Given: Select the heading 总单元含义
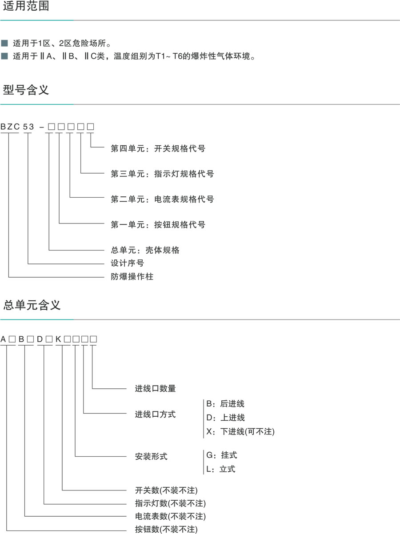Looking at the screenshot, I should [x=32, y=305].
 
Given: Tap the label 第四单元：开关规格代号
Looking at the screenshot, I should [x=158, y=148].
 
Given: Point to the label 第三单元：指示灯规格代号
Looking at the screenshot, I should [x=162, y=174].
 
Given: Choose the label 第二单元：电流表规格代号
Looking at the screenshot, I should [x=162, y=199].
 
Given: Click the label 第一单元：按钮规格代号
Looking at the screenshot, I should [x=158, y=224].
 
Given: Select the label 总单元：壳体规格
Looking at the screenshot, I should [x=145, y=250].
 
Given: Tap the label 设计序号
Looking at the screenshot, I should [x=127, y=263].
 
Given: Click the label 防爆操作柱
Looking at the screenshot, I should [x=132, y=276].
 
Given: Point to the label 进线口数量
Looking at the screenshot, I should [x=155, y=388].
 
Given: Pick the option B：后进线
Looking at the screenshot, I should [x=225, y=404].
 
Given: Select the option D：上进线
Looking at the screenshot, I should [x=225, y=418].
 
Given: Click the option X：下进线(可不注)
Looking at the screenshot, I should [x=240, y=431].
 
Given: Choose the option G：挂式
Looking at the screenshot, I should [x=221, y=455].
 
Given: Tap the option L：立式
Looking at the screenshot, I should [x=220, y=469].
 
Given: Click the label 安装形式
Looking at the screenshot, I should [x=151, y=456].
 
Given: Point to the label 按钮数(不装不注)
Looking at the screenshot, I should [x=166, y=529].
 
